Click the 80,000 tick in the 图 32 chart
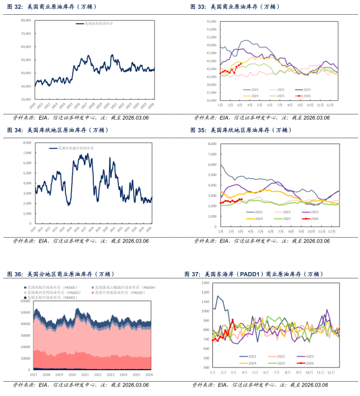point(23,21)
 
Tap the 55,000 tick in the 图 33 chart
point(211,22)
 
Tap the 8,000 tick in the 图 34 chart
point(25,143)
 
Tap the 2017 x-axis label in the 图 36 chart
point(34,374)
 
